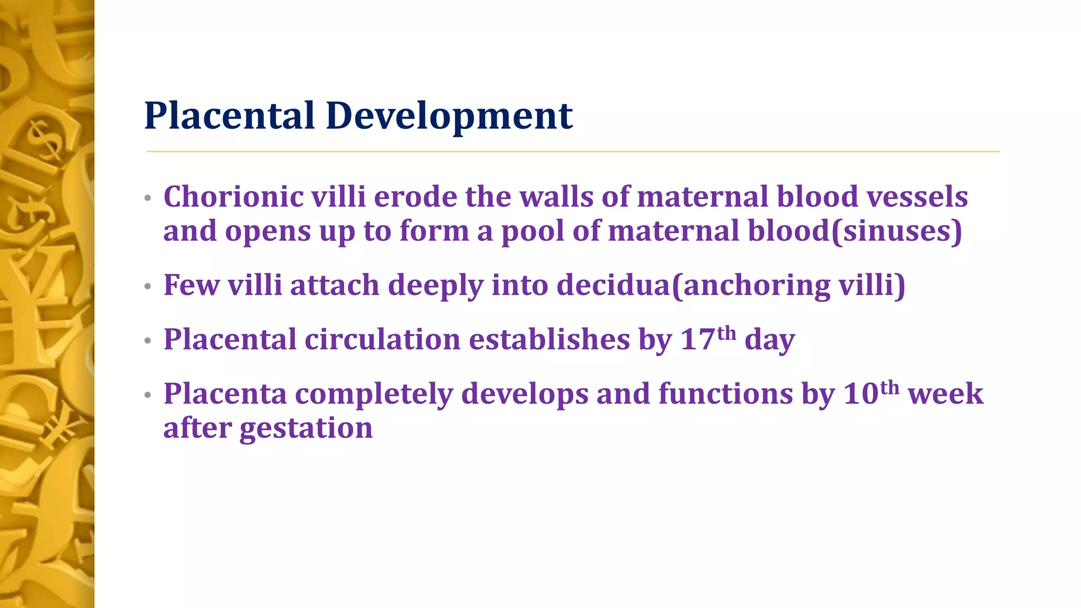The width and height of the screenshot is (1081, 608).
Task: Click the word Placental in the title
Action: [x=230, y=116]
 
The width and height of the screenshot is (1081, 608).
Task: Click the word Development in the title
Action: [x=449, y=116]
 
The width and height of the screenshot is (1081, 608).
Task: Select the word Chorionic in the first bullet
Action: [x=233, y=197]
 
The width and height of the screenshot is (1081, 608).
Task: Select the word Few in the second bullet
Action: [x=191, y=285]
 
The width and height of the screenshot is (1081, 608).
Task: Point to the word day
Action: [x=769, y=339]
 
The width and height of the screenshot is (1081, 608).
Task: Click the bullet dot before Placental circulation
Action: [x=148, y=341]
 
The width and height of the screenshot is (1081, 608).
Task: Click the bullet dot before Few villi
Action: [x=148, y=287]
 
